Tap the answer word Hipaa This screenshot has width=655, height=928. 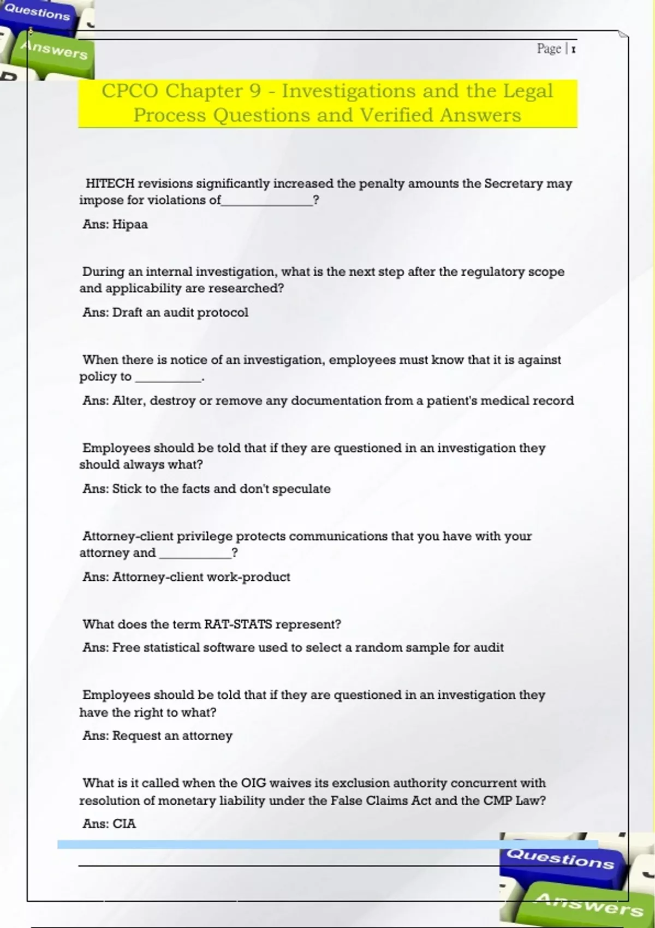click(130, 224)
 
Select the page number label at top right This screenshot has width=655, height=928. click(556, 49)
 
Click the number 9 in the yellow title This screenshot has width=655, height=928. click(255, 91)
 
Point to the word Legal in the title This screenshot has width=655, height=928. click(527, 91)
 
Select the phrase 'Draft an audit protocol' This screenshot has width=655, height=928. click(180, 312)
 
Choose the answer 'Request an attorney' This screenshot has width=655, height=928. click(172, 736)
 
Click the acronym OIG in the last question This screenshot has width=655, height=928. click(254, 783)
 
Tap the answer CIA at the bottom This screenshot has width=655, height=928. click(124, 824)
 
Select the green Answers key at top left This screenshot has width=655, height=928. click(53, 51)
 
